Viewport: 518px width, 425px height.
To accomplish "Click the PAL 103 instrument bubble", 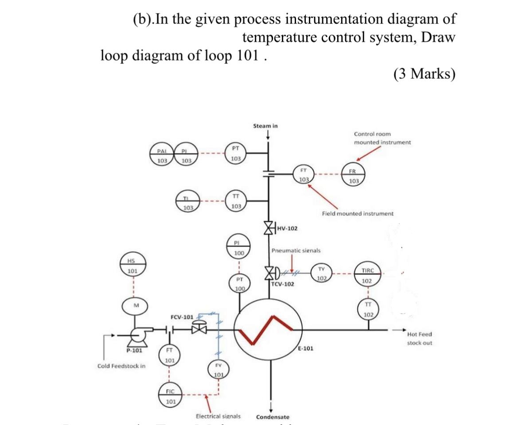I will pyautogui.click(x=163, y=156).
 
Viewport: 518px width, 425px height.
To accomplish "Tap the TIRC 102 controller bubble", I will pyautogui.click(x=367, y=275).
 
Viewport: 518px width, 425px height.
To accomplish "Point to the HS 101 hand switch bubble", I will pyautogui.click(x=132, y=266).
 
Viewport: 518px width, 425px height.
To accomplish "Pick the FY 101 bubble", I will pyautogui.click(x=218, y=371).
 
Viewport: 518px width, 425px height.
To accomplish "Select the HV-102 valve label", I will pyautogui.click(x=287, y=228).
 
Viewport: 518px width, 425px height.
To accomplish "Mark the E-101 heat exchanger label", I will pyautogui.click(x=305, y=348).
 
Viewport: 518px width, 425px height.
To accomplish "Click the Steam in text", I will pyautogui.click(x=265, y=126).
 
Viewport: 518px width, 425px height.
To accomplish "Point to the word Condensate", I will pyautogui.click(x=273, y=417).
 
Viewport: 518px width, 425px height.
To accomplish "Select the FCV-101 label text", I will pyautogui.click(x=182, y=317).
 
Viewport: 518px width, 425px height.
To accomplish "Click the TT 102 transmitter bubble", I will pyautogui.click(x=368, y=309).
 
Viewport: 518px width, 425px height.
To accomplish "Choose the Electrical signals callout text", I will pyautogui.click(x=218, y=416).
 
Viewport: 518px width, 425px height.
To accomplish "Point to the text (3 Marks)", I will pyautogui.click(x=424, y=73).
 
